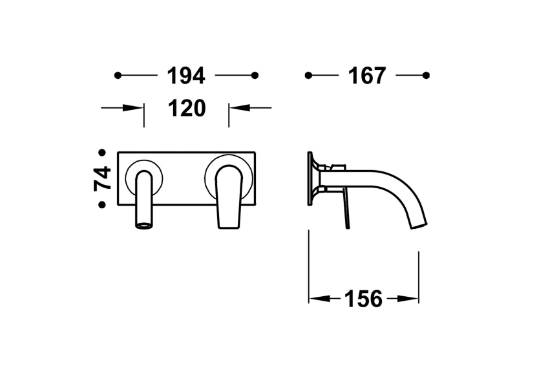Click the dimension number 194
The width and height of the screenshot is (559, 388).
coord(186,76)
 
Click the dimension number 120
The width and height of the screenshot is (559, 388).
coord(186,108)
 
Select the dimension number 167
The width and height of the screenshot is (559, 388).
coord(367,76)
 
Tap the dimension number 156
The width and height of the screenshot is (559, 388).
coord(363,299)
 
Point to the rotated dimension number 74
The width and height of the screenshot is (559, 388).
coord(103,178)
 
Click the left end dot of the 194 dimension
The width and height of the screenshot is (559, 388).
coord(118,76)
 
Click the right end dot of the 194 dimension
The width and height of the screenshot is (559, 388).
coord(255,76)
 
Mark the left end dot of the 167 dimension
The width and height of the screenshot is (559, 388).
coord(308,76)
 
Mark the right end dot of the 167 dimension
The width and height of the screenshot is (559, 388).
coord(426,76)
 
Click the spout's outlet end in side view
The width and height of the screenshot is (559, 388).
coord(419,222)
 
